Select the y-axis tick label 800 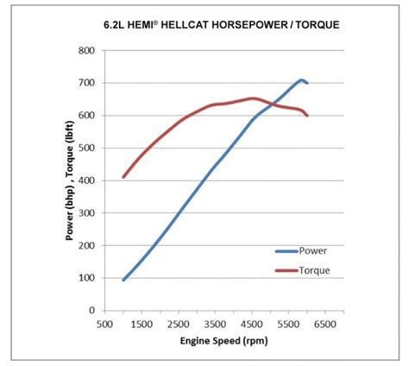[86, 50]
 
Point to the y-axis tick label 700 [86, 83]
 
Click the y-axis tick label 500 [86, 148]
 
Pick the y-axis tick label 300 [86, 213]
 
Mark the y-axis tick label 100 [86, 278]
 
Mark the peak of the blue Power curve [301, 80]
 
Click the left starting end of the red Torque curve [123, 177]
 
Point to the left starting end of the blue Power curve [123, 280]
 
